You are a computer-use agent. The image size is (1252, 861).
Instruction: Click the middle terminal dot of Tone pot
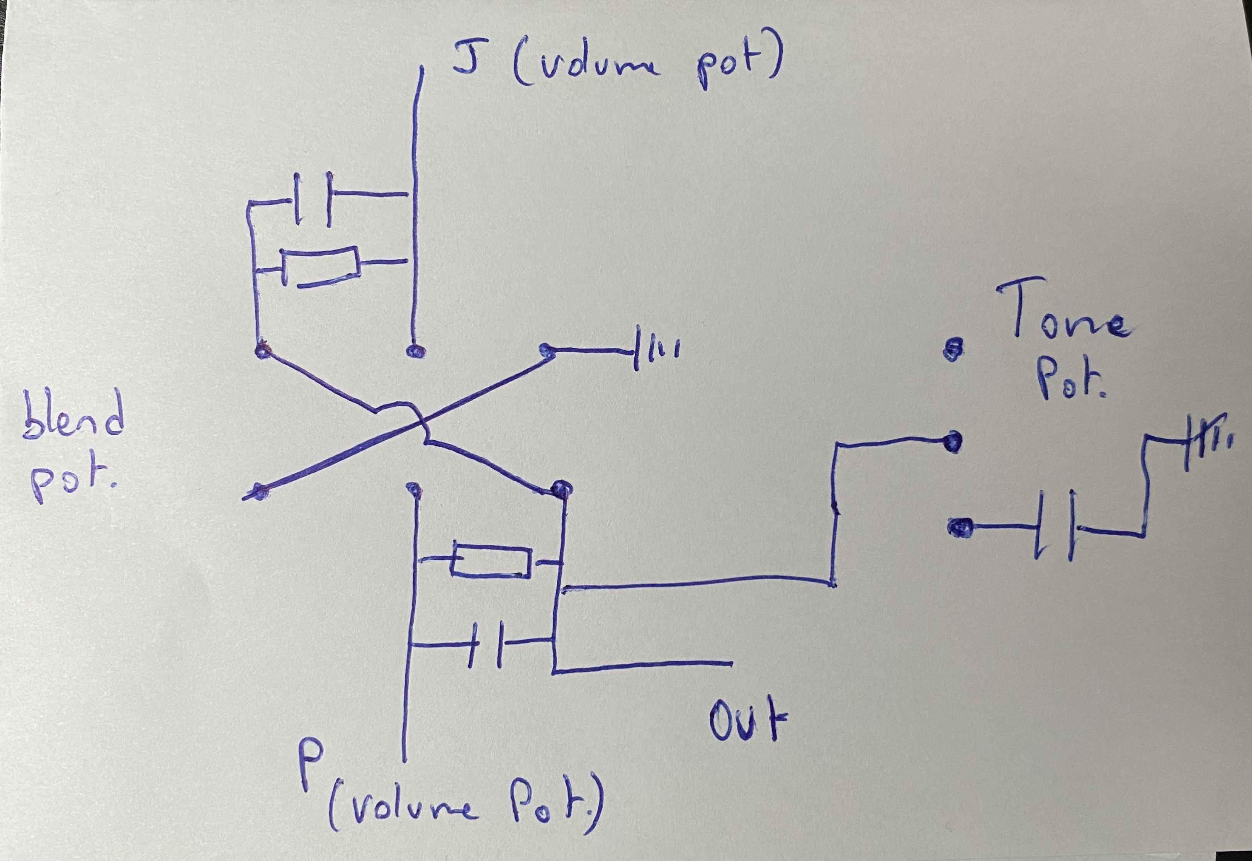tap(953, 442)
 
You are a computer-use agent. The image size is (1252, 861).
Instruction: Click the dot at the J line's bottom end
tap(414, 351)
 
